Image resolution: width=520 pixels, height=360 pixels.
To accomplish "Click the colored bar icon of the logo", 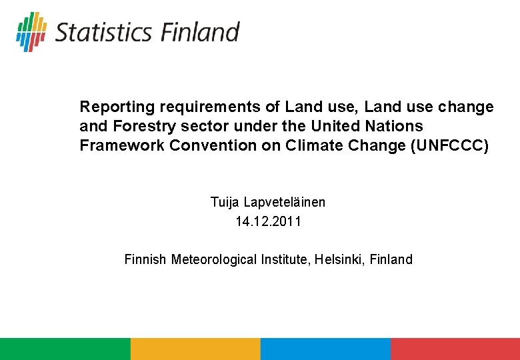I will (31, 31).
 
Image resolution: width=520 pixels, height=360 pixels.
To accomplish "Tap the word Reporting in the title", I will (113, 107).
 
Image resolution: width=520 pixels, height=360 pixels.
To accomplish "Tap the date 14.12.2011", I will (268, 221).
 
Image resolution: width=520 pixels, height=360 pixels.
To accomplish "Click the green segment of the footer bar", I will (65, 349).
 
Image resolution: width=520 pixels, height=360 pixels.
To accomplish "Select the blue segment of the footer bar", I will (325, 349).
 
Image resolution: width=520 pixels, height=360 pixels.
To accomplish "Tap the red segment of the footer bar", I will (455, 349).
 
